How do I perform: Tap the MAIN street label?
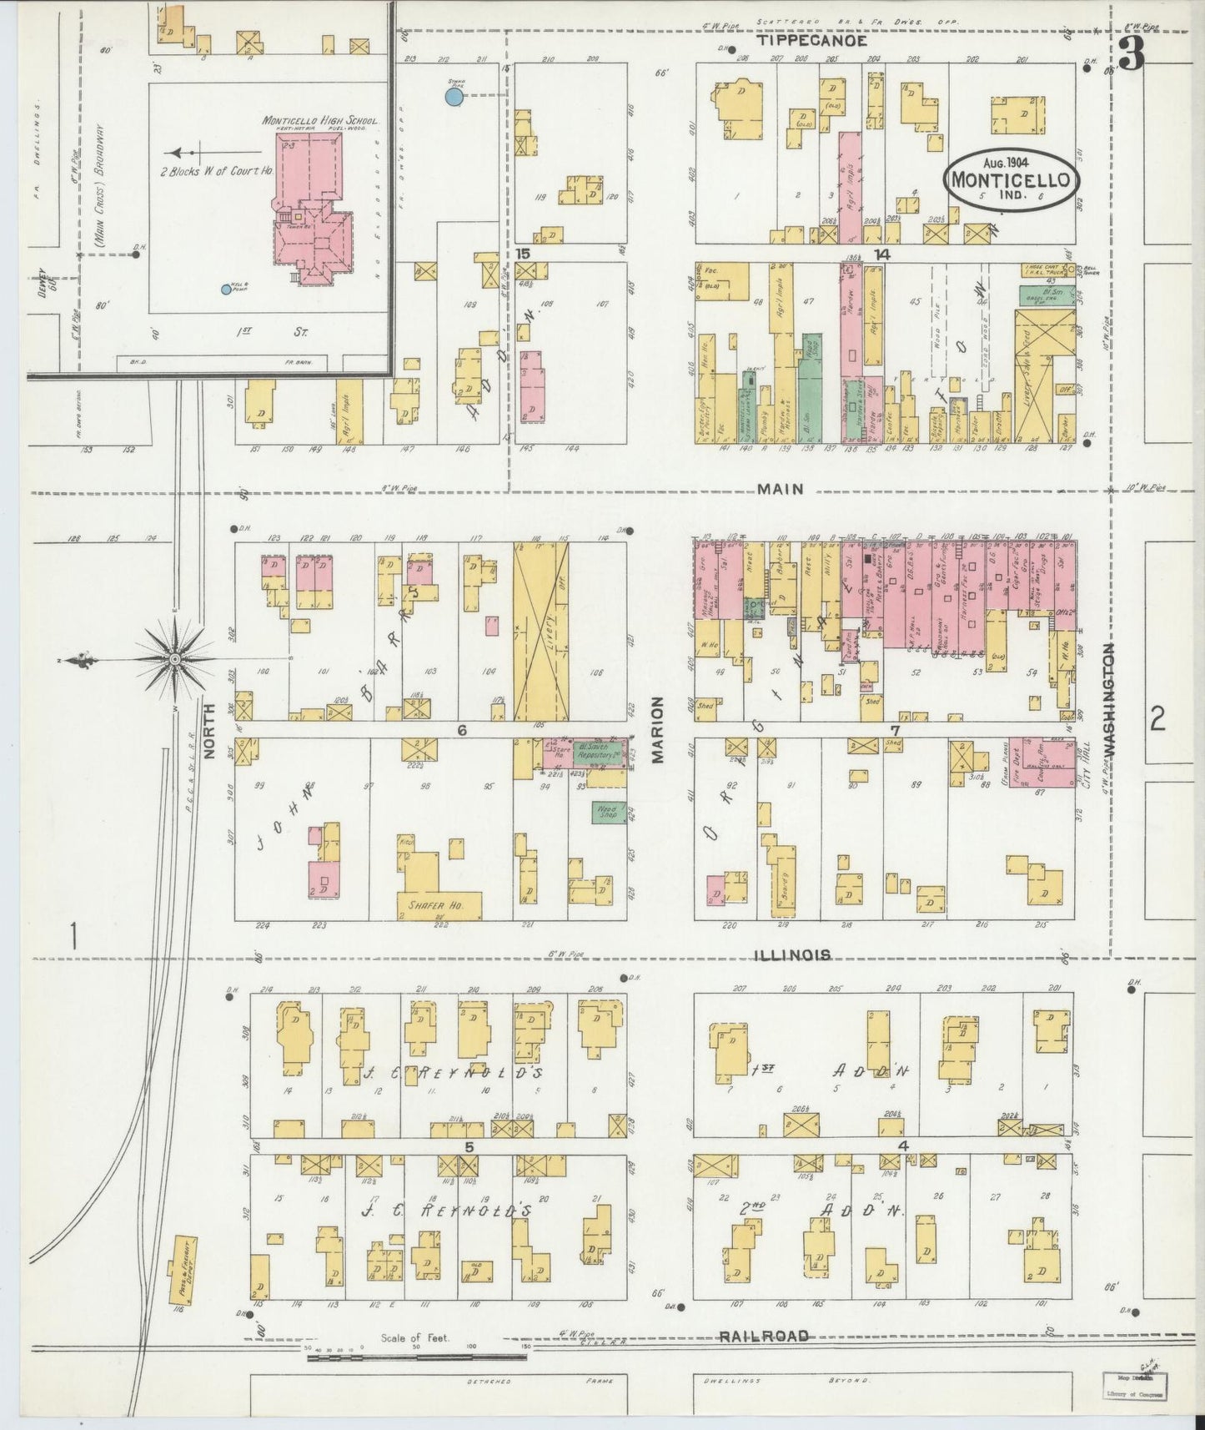[x=781, y=489]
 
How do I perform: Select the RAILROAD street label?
[x=764, y=1336]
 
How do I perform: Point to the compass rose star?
[x=175, y=659]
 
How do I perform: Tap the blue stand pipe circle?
[x=453, y=97]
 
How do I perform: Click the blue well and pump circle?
[x=225, y=290]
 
